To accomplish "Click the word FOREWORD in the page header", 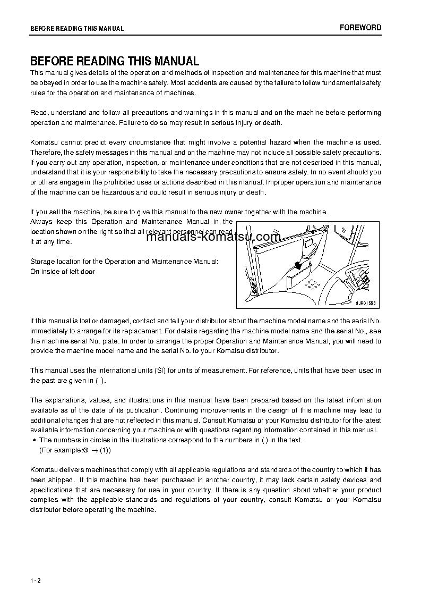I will [360, 28].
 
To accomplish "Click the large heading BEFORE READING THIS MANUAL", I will [114, 61].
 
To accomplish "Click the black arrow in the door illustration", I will [301, 264].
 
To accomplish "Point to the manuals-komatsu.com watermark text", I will [212, 237].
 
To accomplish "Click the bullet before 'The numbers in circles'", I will [34, 440].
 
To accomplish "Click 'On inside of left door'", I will [63, 272].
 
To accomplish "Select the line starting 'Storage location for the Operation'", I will [124, 262].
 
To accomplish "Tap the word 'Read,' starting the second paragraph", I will [39, 113].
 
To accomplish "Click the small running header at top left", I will [76, 29].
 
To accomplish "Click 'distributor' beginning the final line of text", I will [46, 510].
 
